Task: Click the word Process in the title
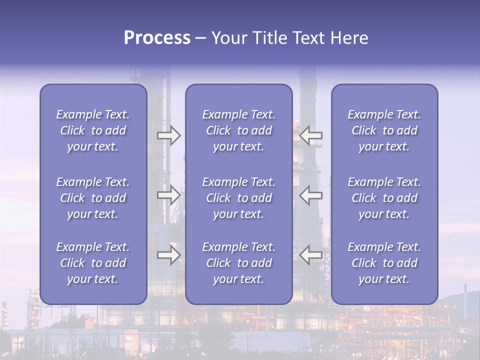pyautogui.click(x=157, y=38)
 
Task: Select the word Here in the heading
pyautogui.click(x=350, y=38)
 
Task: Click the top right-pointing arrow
pyautogui.click(x=169, y=135)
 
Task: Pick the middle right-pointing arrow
pyautogui.click(x=169, y=194)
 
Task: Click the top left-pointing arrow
pyautogui.click(x=310, y=135)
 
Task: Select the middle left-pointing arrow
pyautogui.click(x=310, y=194)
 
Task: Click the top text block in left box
pyautogui.click(x=93, y=130)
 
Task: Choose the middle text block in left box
pyautogui.click(x=93, y=198)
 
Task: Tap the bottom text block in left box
pyautogui.click(x=93, y=263)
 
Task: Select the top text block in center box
pyautogui.click(x=239, y=130)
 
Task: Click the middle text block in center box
pyautogui.click(x=239, y=198)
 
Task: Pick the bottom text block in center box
pyautogui.click(x=239, y=263)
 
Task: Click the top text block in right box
pyautogui.click(x=384, y=130)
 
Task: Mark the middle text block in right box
pyautogui.click(x=384, y=198)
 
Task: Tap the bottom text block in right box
pyautogui.click(x=384, y=263)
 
